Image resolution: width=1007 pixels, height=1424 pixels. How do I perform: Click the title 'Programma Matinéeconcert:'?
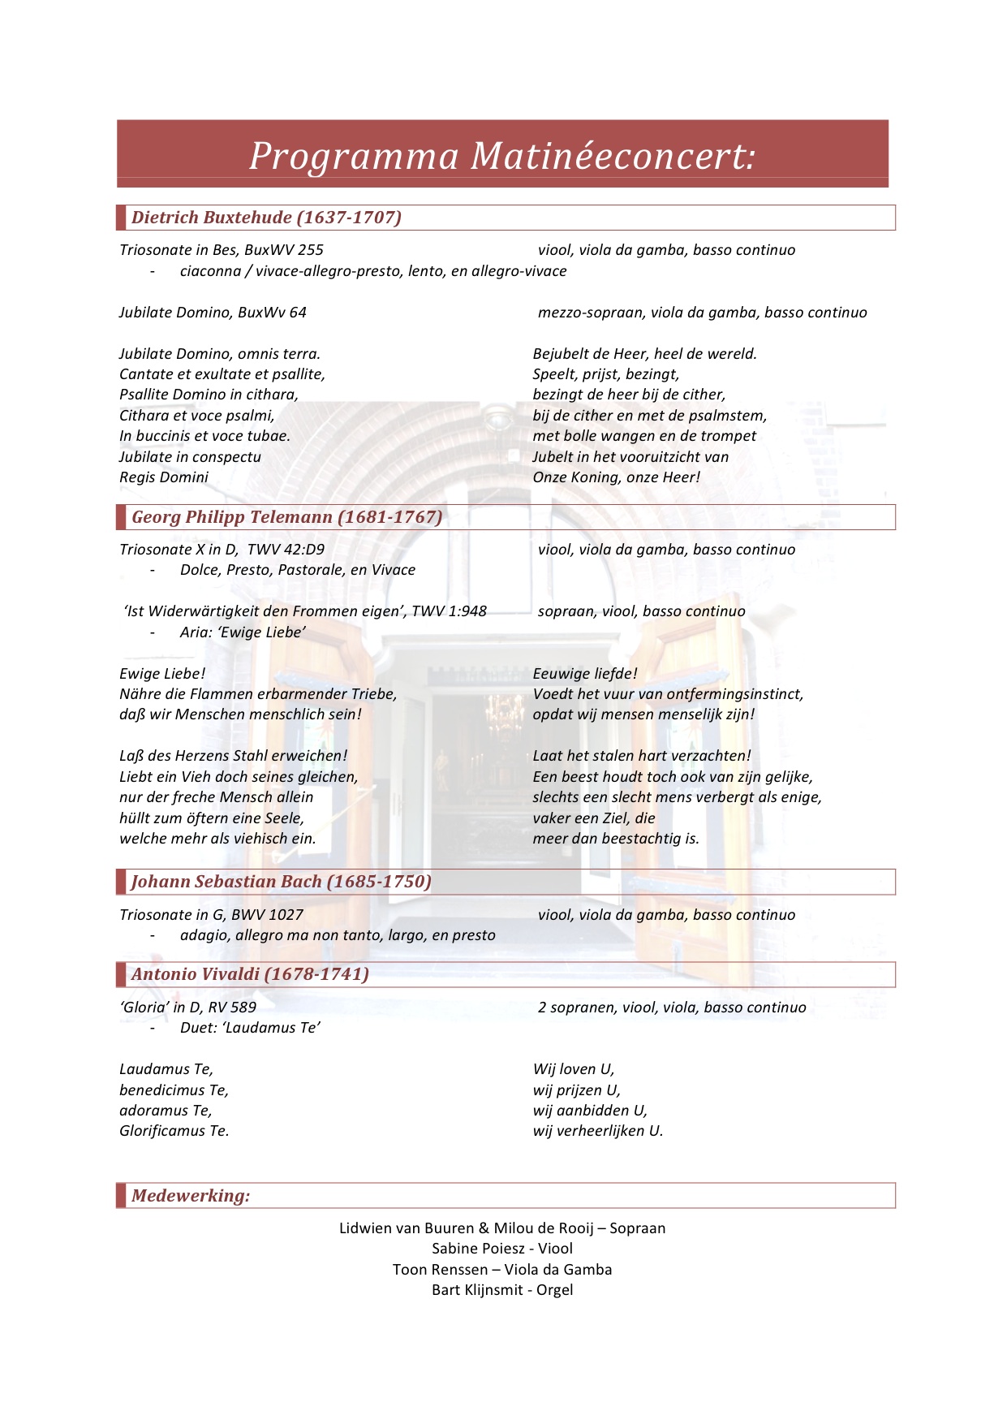click(501, 155)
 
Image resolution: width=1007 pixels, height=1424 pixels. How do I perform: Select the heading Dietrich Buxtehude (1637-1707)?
click(266, 218)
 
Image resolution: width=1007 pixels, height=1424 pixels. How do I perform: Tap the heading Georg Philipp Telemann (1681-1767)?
click(286, 517)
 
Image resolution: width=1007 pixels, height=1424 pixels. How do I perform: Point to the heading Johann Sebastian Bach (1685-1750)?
click(281, 882)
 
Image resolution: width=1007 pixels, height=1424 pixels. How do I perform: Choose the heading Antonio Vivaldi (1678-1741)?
click(250, 974)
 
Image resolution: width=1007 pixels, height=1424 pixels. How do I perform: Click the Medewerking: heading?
click(191, 1196)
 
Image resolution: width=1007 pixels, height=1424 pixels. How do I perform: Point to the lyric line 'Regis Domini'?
click(164, 477)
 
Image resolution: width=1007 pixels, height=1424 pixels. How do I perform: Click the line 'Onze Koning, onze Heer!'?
click(616, 477)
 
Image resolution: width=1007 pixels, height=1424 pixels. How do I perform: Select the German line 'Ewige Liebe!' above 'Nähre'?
click(162, 674)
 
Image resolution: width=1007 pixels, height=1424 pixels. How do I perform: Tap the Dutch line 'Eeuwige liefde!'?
click(585, 674)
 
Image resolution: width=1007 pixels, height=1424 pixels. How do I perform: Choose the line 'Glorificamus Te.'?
click(174, 1131)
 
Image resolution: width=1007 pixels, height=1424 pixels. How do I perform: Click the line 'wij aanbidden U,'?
click(590, 1111)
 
